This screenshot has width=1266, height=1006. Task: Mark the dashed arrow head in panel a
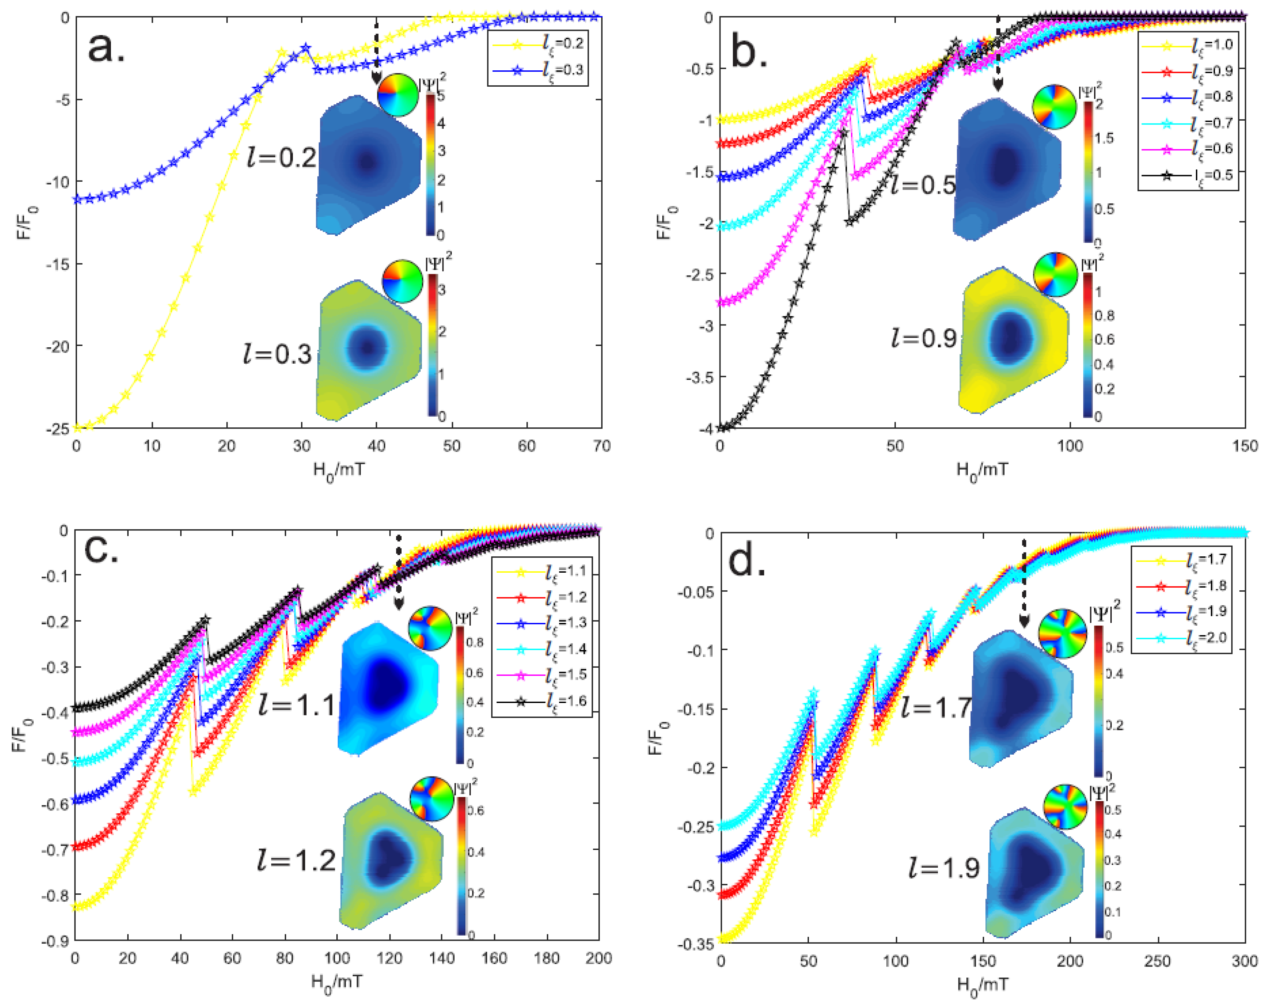(x=376, y=79)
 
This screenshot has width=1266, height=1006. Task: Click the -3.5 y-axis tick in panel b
(x=699, y=377)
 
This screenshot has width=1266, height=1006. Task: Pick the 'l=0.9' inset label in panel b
(x=924, y=338)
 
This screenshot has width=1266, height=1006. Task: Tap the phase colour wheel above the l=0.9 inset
(x=1055, y=274)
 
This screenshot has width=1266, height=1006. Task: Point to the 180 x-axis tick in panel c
(x=546, y=959)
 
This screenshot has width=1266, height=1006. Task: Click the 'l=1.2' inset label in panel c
(x=296, y=861)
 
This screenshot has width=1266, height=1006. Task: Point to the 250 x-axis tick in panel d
(x=1157, y=961)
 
